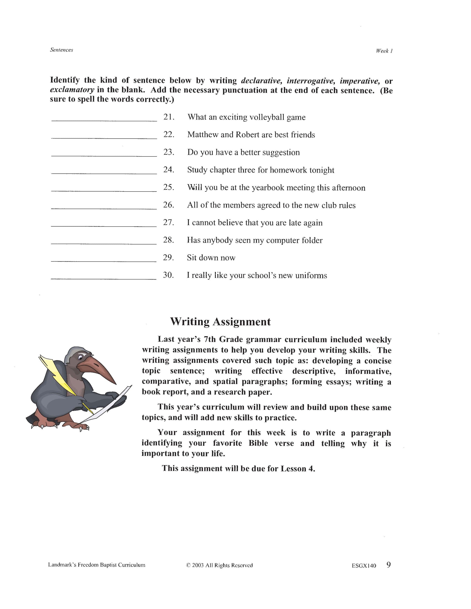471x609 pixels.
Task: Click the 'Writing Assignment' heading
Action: pyautogui.click(x=220, y=322)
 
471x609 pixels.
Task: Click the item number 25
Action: pyautogui.click(x=168, y=187)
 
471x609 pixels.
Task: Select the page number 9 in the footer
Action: pyautogui.click(x=388, y=565)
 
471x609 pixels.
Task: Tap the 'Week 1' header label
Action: pyautogui.click(x=384, y=51)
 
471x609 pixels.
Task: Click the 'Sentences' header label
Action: pyautogui.click(x=61, y=50)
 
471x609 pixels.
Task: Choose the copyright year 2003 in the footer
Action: pyautogui.click(x=198, y=565)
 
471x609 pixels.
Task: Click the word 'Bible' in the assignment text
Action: pyautogui.click(x=258, y=443)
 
